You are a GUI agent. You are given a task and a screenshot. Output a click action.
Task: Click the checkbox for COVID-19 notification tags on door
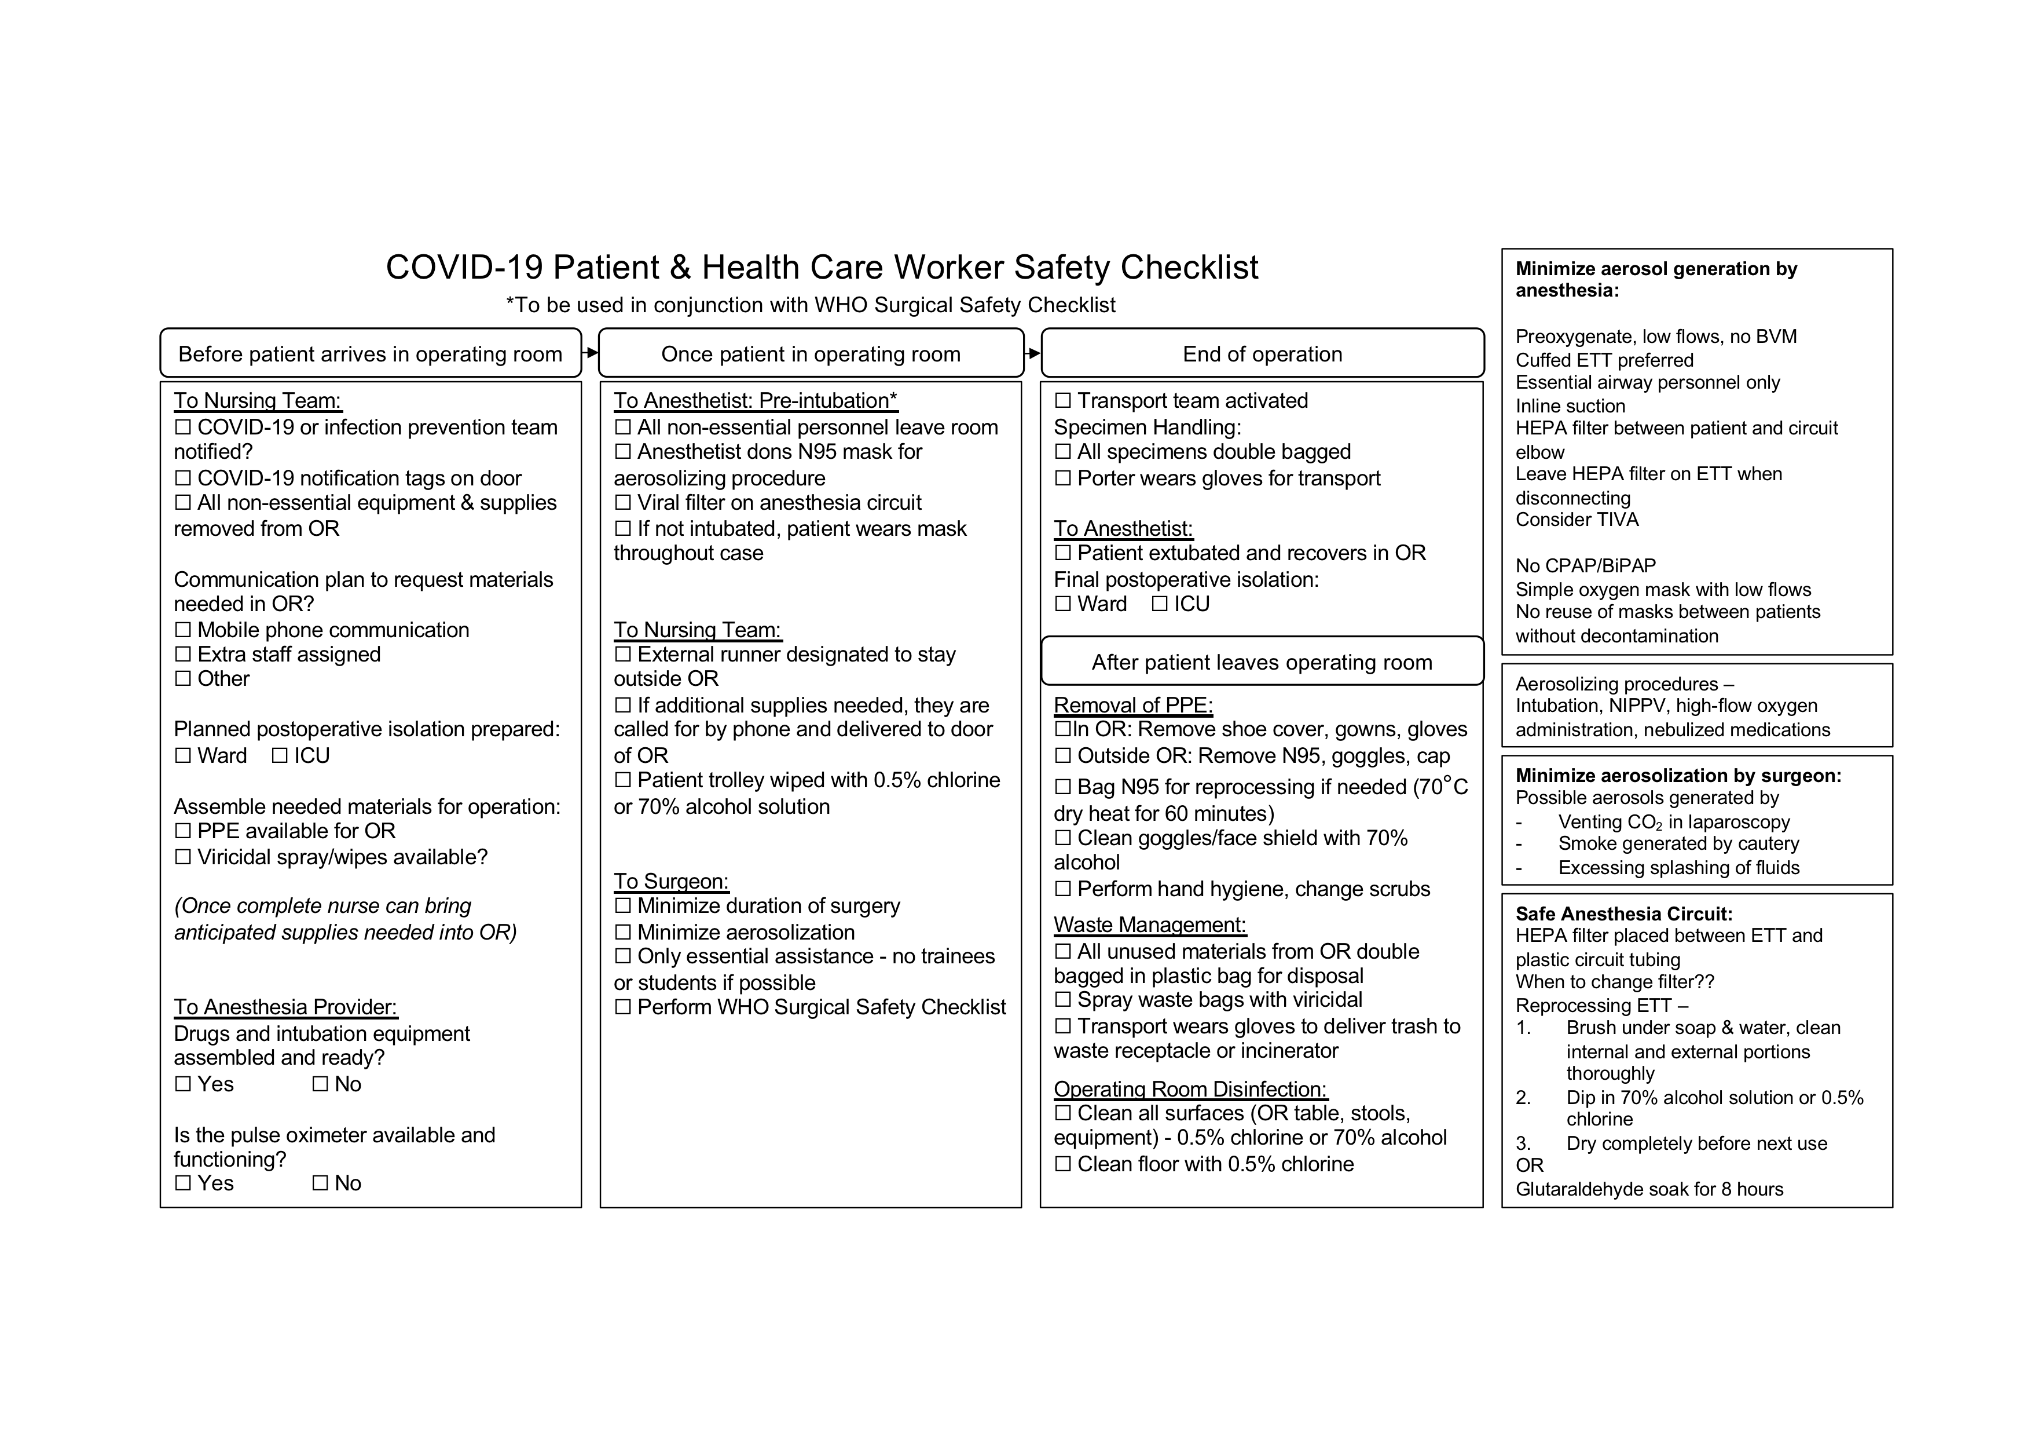click(x=183, y=478)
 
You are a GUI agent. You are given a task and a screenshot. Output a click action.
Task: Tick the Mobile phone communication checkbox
click(x=183, y=630)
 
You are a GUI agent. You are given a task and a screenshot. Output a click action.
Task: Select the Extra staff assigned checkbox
click(x=183, y=655)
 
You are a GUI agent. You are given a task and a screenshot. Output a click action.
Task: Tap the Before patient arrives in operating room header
click(x=370, y=354)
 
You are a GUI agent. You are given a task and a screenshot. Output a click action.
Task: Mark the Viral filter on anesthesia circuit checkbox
click(x=623, y=503)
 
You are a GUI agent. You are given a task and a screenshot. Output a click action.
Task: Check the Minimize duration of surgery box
click(x=623, y=906)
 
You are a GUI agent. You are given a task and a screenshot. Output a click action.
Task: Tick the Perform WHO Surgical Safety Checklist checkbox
click(x=623, y=1008)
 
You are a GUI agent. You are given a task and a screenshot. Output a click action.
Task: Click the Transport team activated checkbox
click(x=1062, y=401)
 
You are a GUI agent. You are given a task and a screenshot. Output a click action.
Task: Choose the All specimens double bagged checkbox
click(x=1062, y=452)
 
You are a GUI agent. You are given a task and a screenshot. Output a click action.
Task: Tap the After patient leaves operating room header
click(x=1262, y=662)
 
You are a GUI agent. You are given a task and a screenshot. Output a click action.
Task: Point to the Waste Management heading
click(x=1149, y=925)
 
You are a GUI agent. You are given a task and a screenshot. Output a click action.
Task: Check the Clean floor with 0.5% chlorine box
click(x=1062, y=1164)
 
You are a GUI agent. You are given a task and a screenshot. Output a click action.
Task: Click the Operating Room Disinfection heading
click(x=1190, y=1089)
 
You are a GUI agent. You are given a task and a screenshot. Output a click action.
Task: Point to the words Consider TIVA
click(x=1577, y=520)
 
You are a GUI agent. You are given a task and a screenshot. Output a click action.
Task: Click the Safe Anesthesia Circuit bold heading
click(x=1623, y=914)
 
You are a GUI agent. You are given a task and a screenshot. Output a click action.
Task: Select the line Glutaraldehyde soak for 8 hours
click(x=1649, y=1189)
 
